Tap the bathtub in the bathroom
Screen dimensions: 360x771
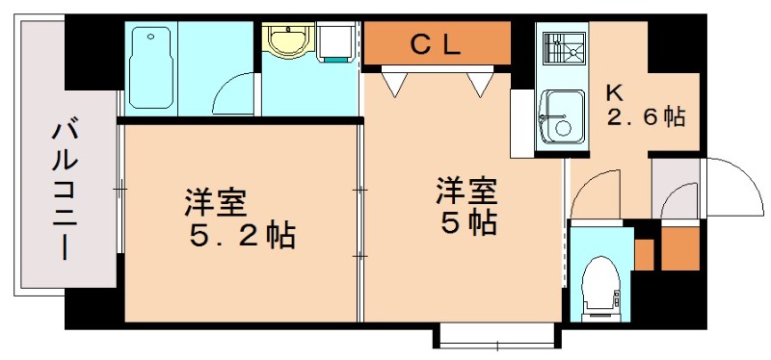pyautogui.click(x=150, y=67)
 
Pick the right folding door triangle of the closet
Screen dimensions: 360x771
pyautogui.click(x=480, y=84)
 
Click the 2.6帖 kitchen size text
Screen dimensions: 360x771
pyautogui.click(x=647, y=118)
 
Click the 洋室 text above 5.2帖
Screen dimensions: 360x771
pyautogui.click(x=216, y=203)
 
